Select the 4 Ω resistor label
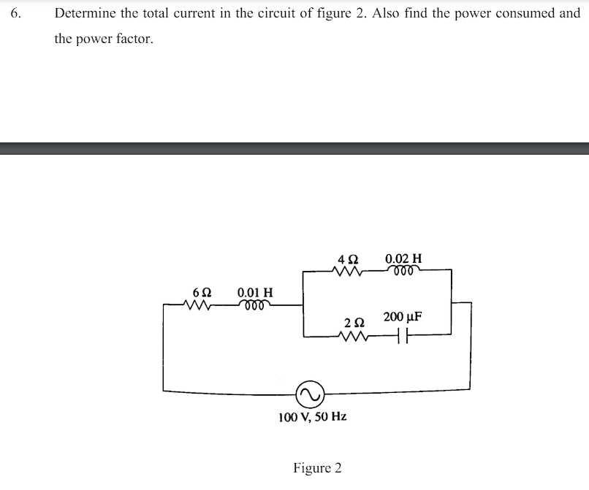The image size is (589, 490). pos(348,259)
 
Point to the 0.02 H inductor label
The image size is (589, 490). pos(403,259)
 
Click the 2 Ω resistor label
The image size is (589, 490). pos(354,321)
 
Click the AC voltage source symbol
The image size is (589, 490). pos(309,394)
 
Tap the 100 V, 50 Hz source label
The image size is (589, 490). pos(313,417)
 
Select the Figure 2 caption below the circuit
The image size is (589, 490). pos(317,467)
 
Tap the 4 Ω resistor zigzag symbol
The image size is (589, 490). pos(347,272)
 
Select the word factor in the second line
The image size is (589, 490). pos(137,39)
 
